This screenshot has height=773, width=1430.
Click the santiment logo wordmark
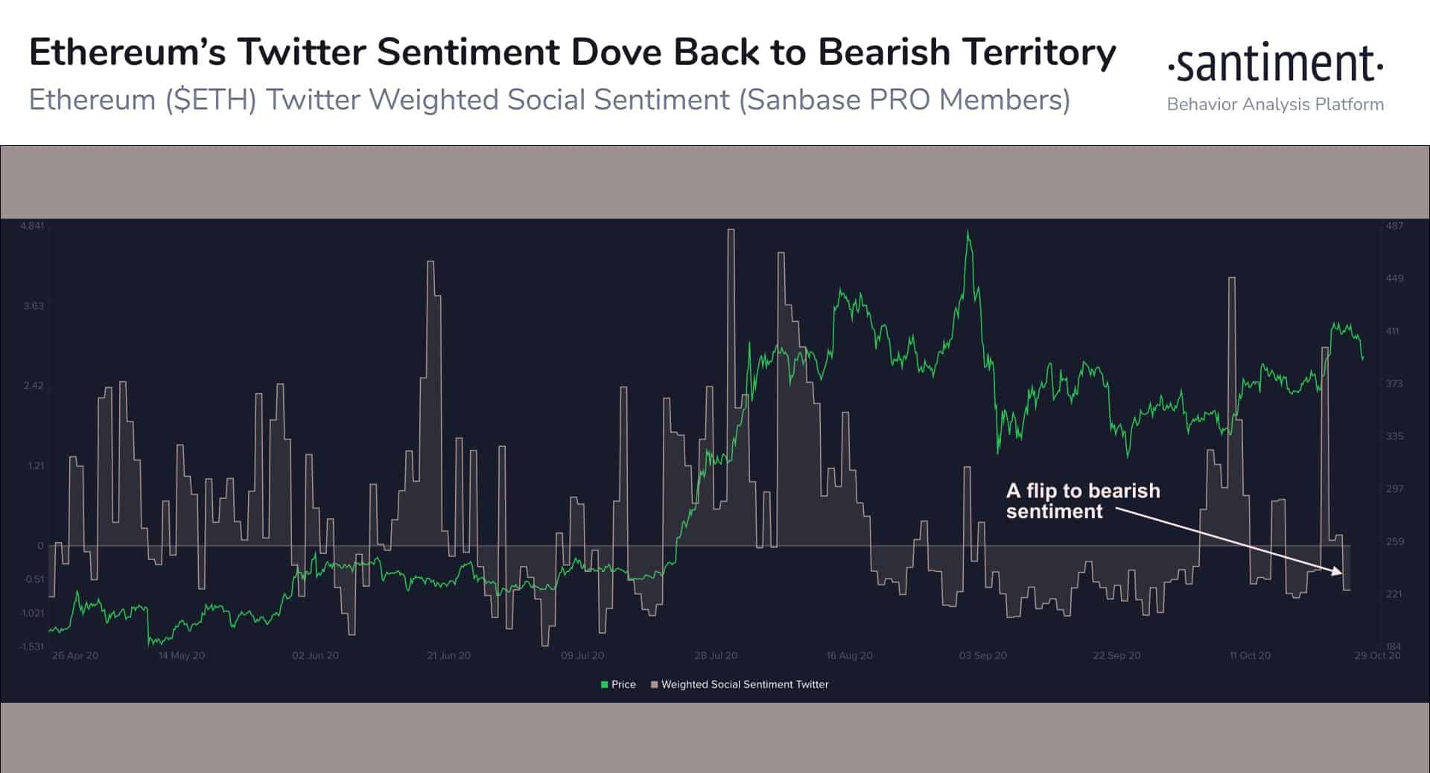pos(1275,64)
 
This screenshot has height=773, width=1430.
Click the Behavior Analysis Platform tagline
pos(1275,104)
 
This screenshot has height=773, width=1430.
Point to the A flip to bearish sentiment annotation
pos(1082,500)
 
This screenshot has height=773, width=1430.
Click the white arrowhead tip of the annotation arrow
pos(1341,573)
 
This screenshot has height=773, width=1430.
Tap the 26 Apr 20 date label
pos(75,655)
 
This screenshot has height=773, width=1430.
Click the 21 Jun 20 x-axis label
pos(448,655)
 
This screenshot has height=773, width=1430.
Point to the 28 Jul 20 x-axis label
pos(716,655)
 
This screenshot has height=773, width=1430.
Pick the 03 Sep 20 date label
pos(982,655)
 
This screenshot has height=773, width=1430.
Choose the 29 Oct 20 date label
pos(1377,655)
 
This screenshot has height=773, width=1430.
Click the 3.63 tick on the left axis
pos(34,306)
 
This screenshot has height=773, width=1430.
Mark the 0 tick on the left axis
pos(40,546)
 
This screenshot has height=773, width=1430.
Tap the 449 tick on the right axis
pos(1394,279)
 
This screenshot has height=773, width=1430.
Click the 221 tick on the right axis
pos(1394,594)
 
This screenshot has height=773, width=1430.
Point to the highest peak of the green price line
pos(967,232)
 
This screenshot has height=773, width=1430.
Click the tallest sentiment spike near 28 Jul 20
pos(731,231)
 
